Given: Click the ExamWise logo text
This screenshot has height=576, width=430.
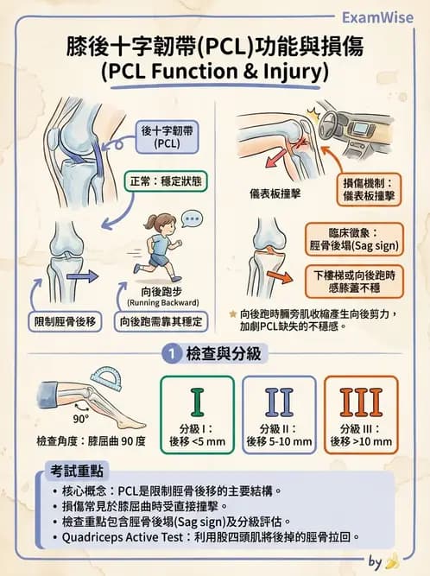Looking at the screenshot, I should point(377,16).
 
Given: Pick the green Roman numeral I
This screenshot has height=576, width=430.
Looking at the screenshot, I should point(197,402).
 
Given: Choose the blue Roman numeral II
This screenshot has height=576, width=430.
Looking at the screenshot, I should point(279,402).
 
